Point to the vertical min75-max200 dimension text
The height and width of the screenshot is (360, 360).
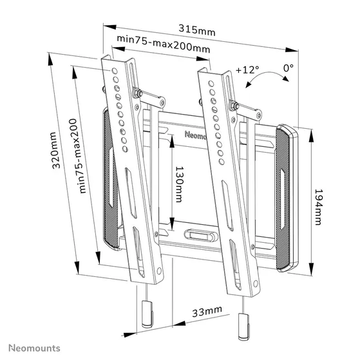point(82,155)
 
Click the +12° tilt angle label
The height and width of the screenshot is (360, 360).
point(247,69)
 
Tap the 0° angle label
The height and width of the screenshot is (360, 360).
point(288,67)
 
